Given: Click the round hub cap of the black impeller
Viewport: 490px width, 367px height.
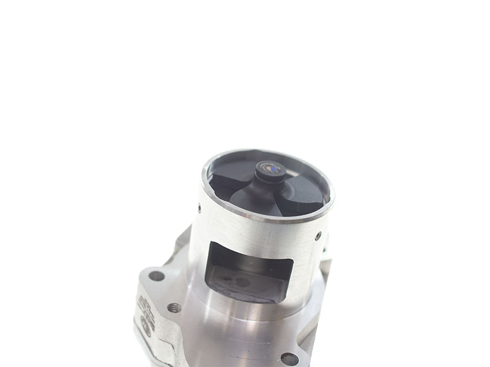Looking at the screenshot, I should [x=270, y=169].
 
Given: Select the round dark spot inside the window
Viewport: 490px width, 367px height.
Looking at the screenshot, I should [x=243, y=282].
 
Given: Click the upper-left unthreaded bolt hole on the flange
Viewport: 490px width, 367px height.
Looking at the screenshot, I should [x=157, y=276].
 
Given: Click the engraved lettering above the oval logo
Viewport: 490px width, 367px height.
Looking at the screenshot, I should [x=145, y=304].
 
